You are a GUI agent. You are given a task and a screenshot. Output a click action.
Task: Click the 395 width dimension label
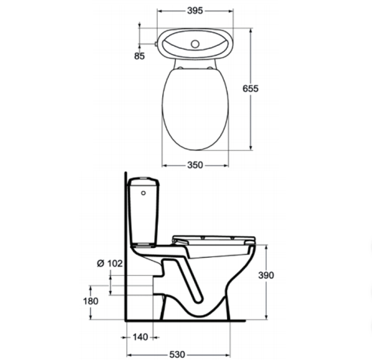coord(195,11)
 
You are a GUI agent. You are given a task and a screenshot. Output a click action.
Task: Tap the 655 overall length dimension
coord(250,89)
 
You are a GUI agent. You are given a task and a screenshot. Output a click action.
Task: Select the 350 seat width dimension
coord(195,165)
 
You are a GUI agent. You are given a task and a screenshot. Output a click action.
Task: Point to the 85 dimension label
coord(139,56)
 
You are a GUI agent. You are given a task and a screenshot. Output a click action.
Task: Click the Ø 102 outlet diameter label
coord(110,263)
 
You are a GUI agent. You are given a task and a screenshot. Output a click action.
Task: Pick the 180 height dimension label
coord(91,301)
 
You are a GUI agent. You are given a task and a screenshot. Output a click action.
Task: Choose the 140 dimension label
coord(141,337)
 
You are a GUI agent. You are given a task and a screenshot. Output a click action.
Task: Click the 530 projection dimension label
coord(177,355)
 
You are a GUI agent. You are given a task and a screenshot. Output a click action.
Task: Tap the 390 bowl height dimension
coord(266,275)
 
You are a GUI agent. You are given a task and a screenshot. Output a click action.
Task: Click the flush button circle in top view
coord(195,44)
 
